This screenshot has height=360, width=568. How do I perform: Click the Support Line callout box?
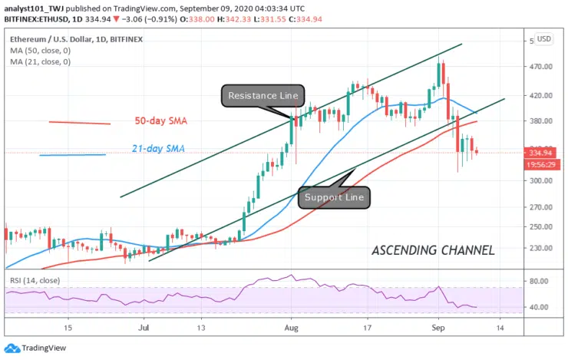point(333,197)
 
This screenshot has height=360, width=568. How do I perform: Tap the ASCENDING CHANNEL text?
point(433,250)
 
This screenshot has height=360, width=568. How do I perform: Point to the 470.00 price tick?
point(543,67)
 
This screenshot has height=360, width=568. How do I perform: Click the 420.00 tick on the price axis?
point(543,96)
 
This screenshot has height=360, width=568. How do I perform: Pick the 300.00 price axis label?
point(543,181)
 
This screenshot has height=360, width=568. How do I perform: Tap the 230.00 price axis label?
point(543,249)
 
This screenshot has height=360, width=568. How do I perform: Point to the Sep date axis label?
point(439,326)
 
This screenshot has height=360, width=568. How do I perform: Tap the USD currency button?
point(543,39)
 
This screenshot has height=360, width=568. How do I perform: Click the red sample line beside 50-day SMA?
point(80,122)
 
